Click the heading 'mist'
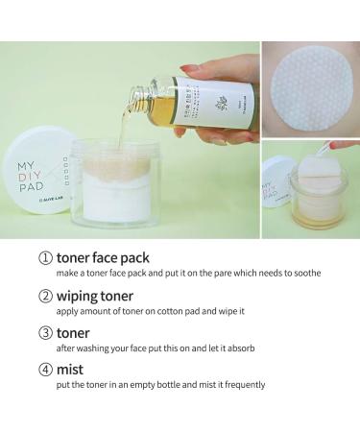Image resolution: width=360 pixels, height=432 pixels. click(68, 368)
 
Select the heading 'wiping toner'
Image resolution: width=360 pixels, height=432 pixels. click(93, 296)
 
